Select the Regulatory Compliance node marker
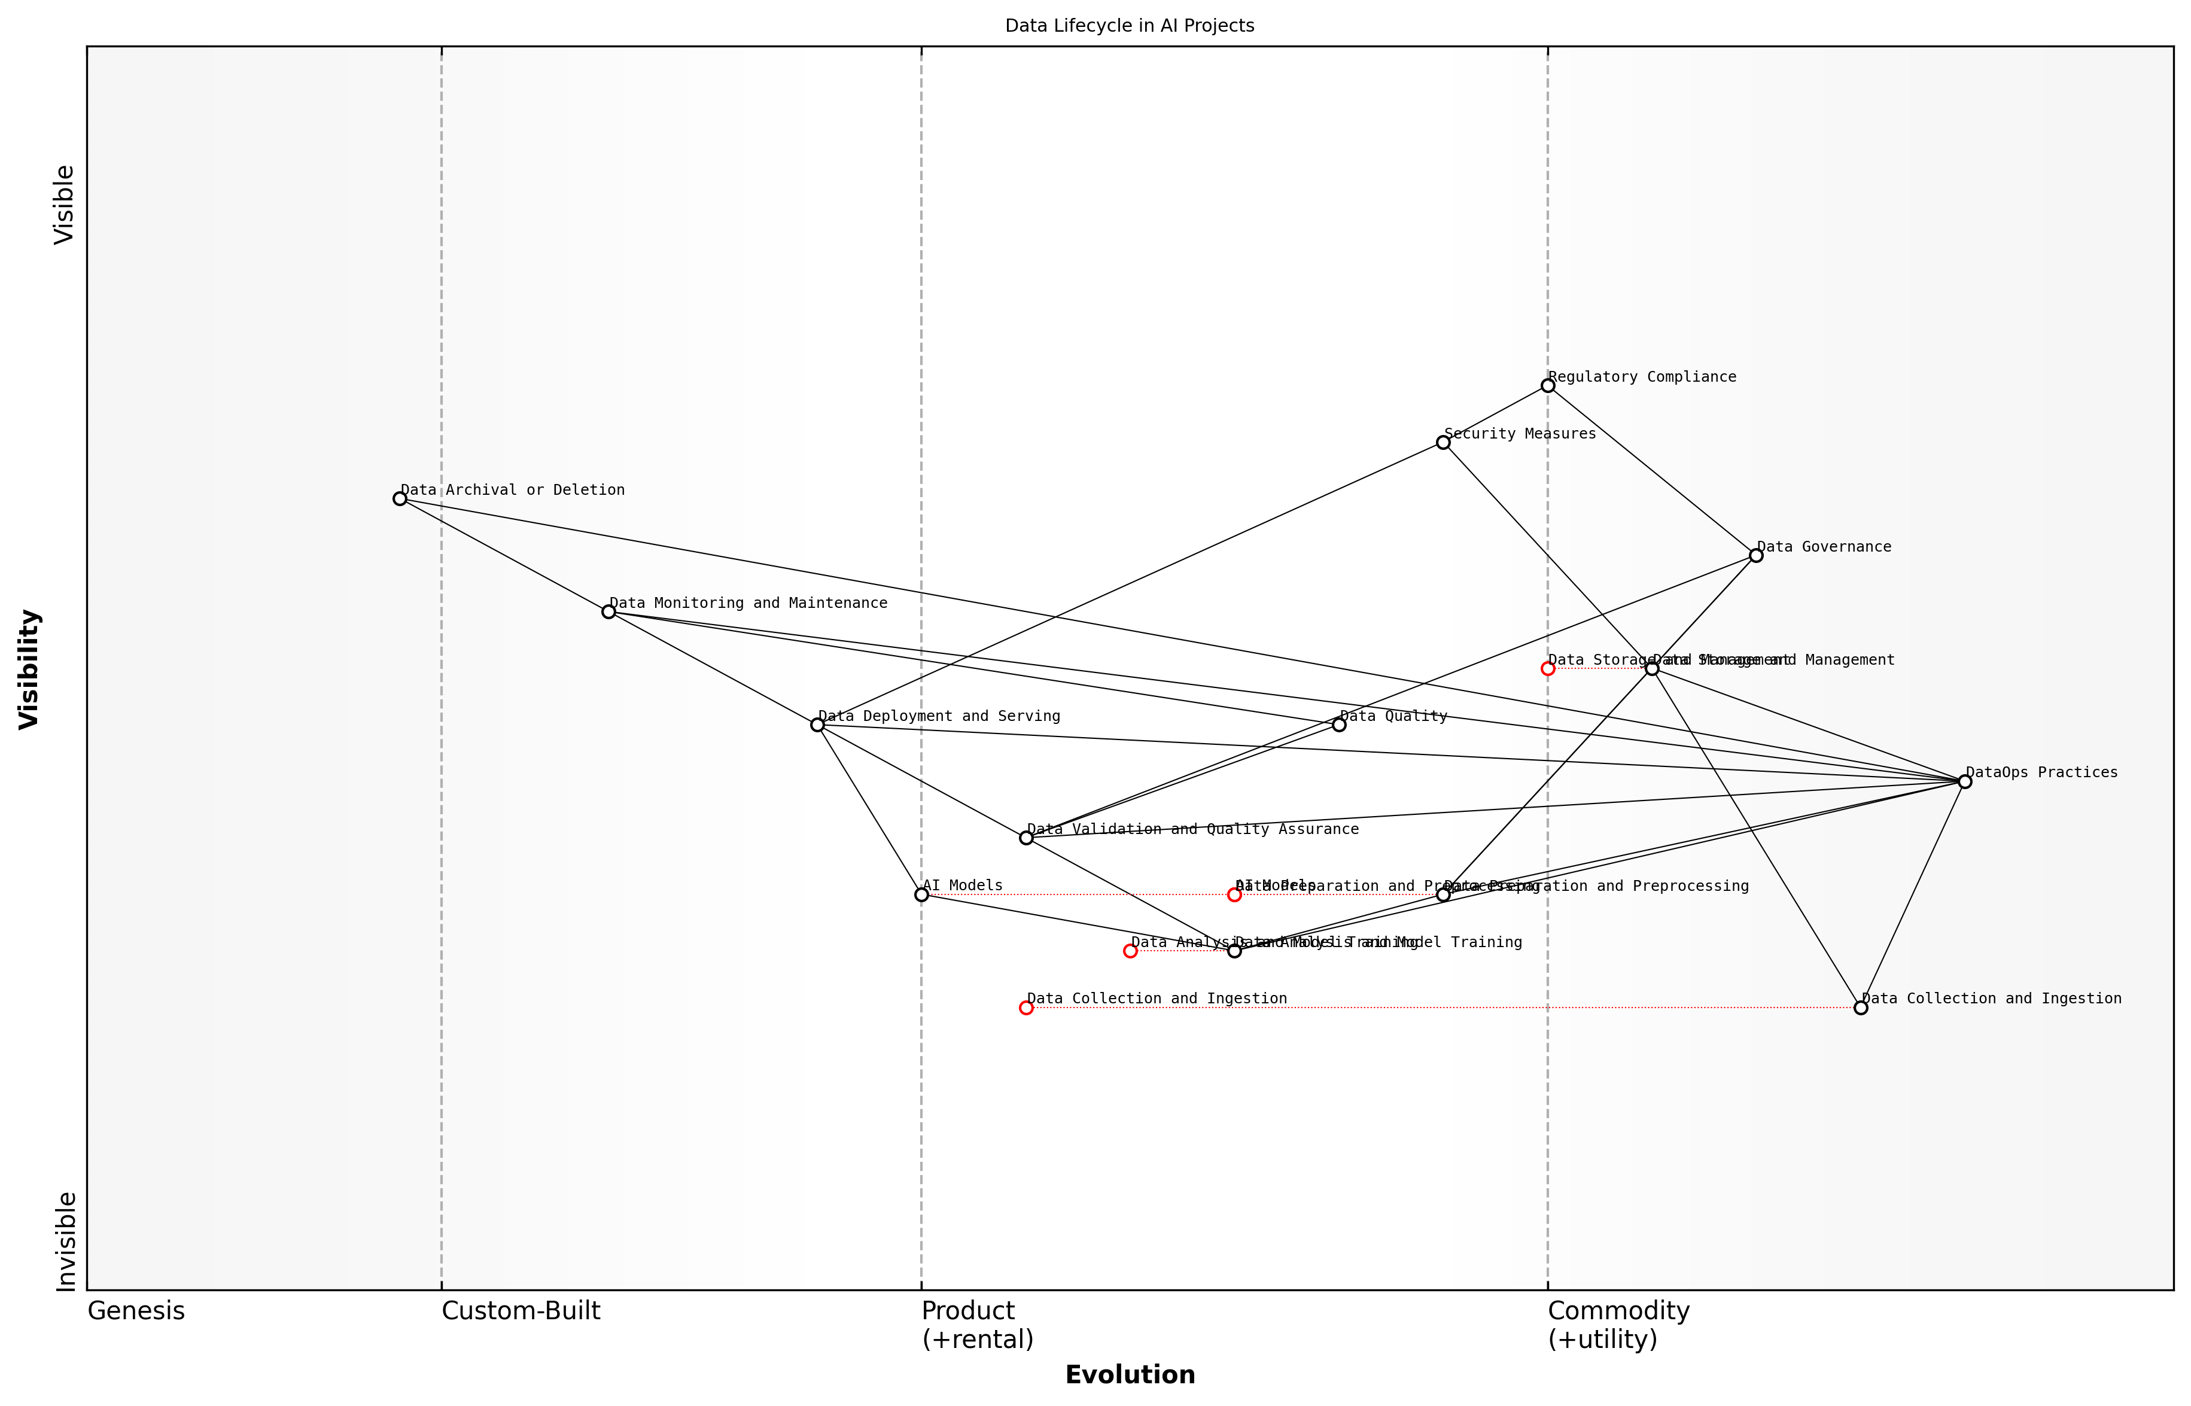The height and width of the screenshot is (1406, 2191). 1547,385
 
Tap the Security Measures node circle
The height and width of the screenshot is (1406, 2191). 1443,442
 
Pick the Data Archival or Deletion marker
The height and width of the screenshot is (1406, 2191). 400,498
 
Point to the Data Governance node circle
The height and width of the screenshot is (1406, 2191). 1755,555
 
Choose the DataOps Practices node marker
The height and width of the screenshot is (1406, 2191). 1965,781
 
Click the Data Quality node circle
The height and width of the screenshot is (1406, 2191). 1339,725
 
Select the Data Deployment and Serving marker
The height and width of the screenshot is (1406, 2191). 817,725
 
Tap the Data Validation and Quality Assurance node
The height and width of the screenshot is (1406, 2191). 1026,837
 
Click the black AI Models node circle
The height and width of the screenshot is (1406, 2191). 921,894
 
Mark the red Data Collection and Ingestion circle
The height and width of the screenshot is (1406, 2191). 1026,1008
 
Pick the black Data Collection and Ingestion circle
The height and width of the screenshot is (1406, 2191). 1861,1008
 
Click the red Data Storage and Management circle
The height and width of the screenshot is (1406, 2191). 1547,668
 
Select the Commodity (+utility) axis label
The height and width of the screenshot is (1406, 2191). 1618,1325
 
